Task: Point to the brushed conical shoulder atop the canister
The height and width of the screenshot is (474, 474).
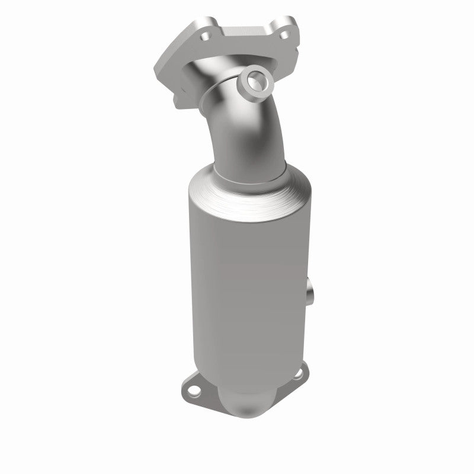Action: tap(249, 190)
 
